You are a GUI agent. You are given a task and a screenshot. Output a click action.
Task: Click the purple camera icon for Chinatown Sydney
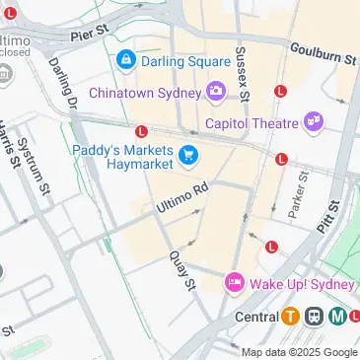[x=216, y=92]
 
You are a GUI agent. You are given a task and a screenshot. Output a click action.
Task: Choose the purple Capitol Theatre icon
[x=314, y=122]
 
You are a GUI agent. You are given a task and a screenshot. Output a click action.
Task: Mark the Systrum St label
[x=40, y=165]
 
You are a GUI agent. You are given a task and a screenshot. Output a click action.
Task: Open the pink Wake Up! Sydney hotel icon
[x=235, y=283]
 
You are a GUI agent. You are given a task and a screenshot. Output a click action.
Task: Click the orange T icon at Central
[x=291, y=317]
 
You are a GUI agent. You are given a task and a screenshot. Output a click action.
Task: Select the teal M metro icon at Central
[x=337, y=317]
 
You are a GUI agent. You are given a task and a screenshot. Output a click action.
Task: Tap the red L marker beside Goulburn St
[x=280, y=90]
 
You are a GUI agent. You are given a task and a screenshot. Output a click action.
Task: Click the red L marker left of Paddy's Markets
[x=142, y=130]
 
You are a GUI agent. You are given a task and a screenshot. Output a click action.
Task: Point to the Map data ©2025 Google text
[x=300, y=352]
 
